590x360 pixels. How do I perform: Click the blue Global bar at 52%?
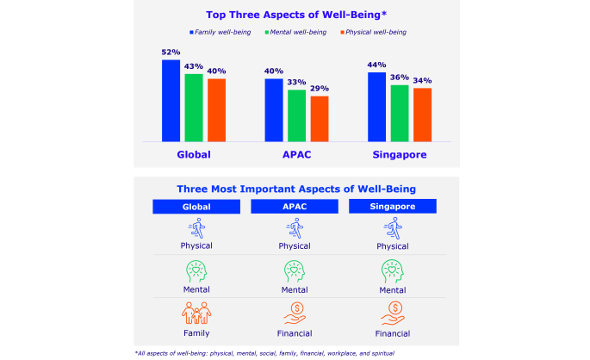click(171, 100)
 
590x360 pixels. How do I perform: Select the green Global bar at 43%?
click(194, 107)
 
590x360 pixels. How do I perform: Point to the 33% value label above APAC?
click(296, 83)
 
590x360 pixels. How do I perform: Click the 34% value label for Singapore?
click(422, 81)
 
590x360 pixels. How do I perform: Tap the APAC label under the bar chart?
click(296, 155)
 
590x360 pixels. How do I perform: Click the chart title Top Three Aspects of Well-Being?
click(295, 14)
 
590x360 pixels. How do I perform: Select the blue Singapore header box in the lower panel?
click(394, 208)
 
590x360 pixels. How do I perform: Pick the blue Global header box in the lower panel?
click(196, 208)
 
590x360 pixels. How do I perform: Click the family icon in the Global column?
click(196, 312)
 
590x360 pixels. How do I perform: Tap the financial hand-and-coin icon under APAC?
click(295, 312)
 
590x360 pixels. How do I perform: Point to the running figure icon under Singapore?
click(394, 228)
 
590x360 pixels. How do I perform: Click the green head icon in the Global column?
click(196, 271)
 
